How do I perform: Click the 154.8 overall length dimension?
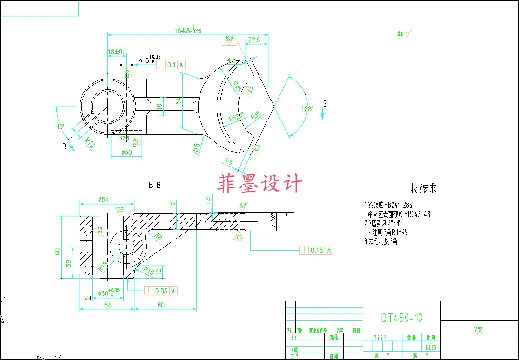click(188, 31)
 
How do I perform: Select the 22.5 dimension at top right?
click(254, 40)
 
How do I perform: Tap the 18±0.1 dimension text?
click(117, 52)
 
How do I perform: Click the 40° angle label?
click(60, 127)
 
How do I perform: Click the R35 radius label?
click(256, 116)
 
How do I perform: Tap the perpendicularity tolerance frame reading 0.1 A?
click(171, 65)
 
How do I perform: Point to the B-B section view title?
click(154, 185)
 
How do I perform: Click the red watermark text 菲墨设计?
click(260, 184)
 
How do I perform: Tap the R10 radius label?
click(148, 271)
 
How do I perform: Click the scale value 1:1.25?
click(430, 347)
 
